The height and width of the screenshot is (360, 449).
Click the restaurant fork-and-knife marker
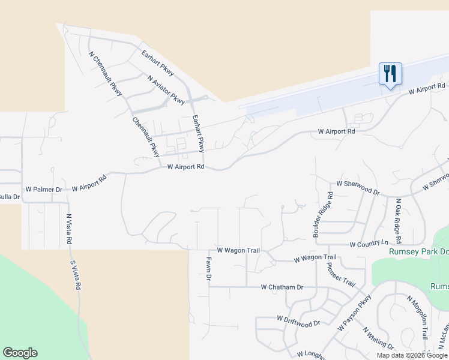(390, 74)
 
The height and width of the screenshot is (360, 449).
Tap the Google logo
(20, 353)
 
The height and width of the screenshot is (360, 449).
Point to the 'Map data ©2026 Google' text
(412, 355)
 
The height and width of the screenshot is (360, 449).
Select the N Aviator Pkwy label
(166, 89)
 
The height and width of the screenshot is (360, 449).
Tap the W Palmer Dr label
(43, 190)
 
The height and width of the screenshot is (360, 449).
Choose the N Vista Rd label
(69, 229)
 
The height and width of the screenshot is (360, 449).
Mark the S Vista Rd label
(74, 275)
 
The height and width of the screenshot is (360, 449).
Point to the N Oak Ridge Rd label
(397, 217)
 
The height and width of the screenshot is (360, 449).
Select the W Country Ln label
(369, 244)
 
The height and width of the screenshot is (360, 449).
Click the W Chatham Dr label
(282, 287)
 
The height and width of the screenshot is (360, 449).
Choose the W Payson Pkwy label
(355, 313)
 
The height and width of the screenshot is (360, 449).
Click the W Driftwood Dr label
(298, 322)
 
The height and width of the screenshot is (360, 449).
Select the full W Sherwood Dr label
(358, 187)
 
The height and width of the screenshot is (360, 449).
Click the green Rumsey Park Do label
(418, 252)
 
